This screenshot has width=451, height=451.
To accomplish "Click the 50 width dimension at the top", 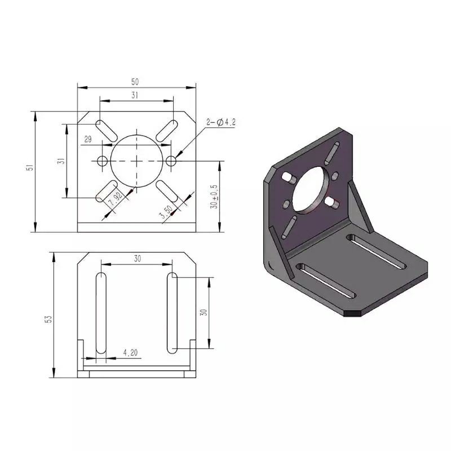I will [x=135, y=82].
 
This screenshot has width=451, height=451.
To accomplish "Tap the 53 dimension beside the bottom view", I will [x=49, y=319].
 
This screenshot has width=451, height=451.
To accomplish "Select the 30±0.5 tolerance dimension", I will [x=213, y=197].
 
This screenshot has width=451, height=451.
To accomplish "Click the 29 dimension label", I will [x=88, y=139].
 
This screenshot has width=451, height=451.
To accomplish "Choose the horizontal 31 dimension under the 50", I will [x=135, y=95].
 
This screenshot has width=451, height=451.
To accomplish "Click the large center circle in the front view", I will [x=136, y=161].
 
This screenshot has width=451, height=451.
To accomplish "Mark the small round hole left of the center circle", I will [x=103, y=161].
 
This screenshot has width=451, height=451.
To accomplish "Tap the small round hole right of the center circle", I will [x=171, y=161].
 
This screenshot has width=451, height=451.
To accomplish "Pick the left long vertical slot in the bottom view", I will [x=101, y=313].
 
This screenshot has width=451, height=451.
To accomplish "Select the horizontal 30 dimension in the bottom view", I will [x=136, y=258].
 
